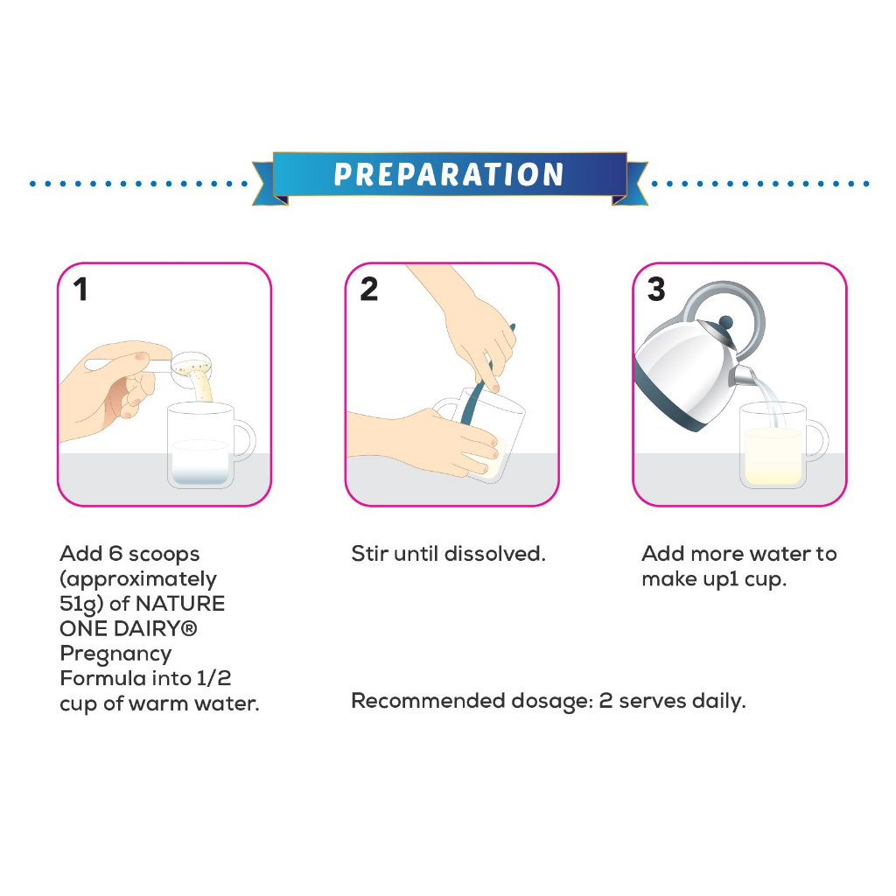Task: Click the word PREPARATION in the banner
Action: [449, 174]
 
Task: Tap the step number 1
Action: [80, 289]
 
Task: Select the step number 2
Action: [369, 289]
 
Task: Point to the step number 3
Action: [656, 289]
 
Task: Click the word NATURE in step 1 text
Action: [180, 604]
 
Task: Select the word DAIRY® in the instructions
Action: [156, 628]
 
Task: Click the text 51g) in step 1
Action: [81, 605]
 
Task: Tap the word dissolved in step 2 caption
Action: [495, 554]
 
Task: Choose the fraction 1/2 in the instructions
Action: [213, 678]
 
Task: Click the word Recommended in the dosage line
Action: [428, 701]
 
